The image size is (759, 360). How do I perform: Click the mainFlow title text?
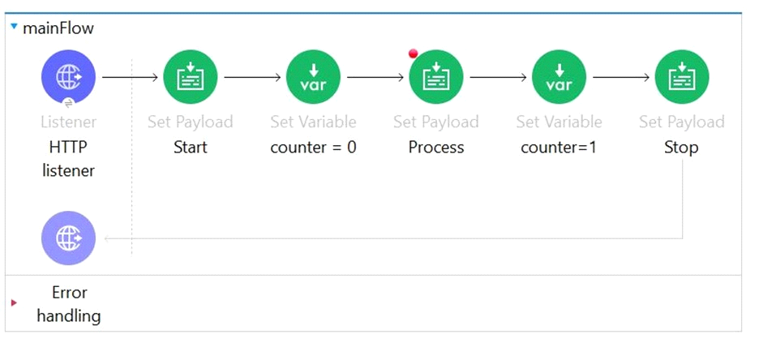coord(58,28)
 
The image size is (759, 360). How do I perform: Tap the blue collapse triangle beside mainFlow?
coord(14,26)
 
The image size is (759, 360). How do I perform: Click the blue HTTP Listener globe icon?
coord(68,77)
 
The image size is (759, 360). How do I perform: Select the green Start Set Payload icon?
coord(191,77)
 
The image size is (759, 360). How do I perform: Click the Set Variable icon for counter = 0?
coord(313,77)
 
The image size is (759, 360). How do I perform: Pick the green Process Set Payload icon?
coord(436,77)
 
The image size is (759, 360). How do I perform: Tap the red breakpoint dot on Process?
coord(413,54)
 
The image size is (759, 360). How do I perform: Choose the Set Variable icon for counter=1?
coord(559,77)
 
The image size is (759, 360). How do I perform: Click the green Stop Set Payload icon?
coord(682,77)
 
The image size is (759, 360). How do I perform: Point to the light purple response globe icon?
coord(68,238)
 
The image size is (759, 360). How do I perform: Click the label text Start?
coord(191,147)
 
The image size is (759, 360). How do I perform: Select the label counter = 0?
coord(313,147)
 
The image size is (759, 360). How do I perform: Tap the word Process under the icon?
coord(436,147)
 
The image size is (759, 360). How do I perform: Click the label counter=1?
coord(559,147)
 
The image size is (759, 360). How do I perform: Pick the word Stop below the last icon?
coord(681,147)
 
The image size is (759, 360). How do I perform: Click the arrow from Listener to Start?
coord(131,77)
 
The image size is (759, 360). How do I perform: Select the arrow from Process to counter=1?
coord(498,77)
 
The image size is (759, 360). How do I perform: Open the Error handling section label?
coord(69,304)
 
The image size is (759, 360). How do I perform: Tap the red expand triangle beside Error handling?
coord(14,303)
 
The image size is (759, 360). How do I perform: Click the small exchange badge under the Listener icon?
coord(68,103)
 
